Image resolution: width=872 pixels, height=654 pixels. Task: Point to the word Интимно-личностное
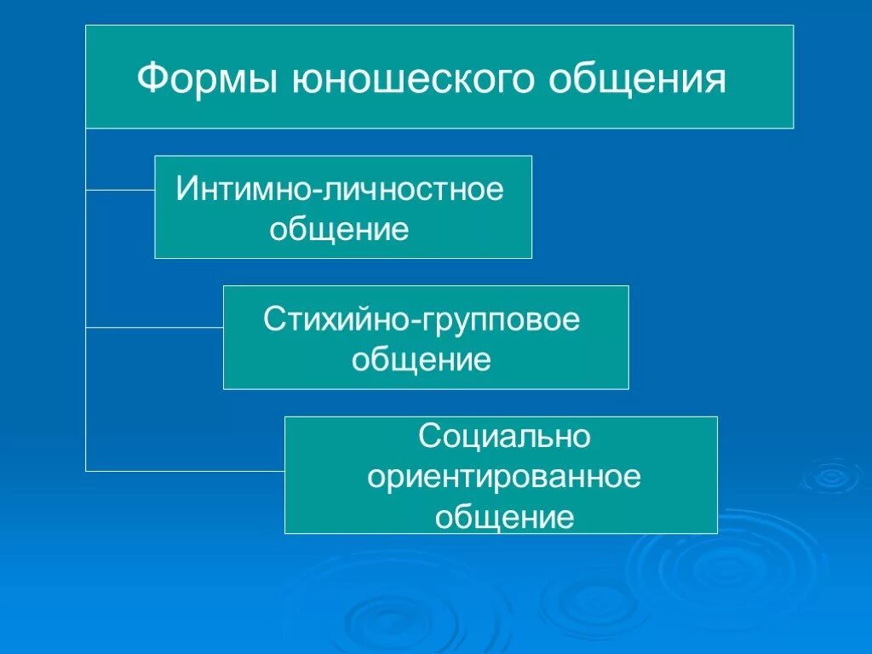(x=340, y=188)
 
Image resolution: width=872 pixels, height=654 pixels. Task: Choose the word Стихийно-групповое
(x=422, y=319)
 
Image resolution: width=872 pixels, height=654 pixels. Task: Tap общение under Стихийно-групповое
(x=422, y=359)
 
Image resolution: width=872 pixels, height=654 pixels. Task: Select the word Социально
(x=504, y=437)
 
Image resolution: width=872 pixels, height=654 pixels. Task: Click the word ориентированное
(x=504, y=477)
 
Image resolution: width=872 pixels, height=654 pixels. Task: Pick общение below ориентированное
(x=504, y=517)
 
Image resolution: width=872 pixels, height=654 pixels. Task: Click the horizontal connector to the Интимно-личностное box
(x=120, y=190)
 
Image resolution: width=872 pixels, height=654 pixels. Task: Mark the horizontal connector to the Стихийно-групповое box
(x=154, y=327)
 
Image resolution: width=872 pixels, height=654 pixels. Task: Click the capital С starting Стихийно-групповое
(x=272, y=319)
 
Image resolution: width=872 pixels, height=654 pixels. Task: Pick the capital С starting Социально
(x=428, y=437)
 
